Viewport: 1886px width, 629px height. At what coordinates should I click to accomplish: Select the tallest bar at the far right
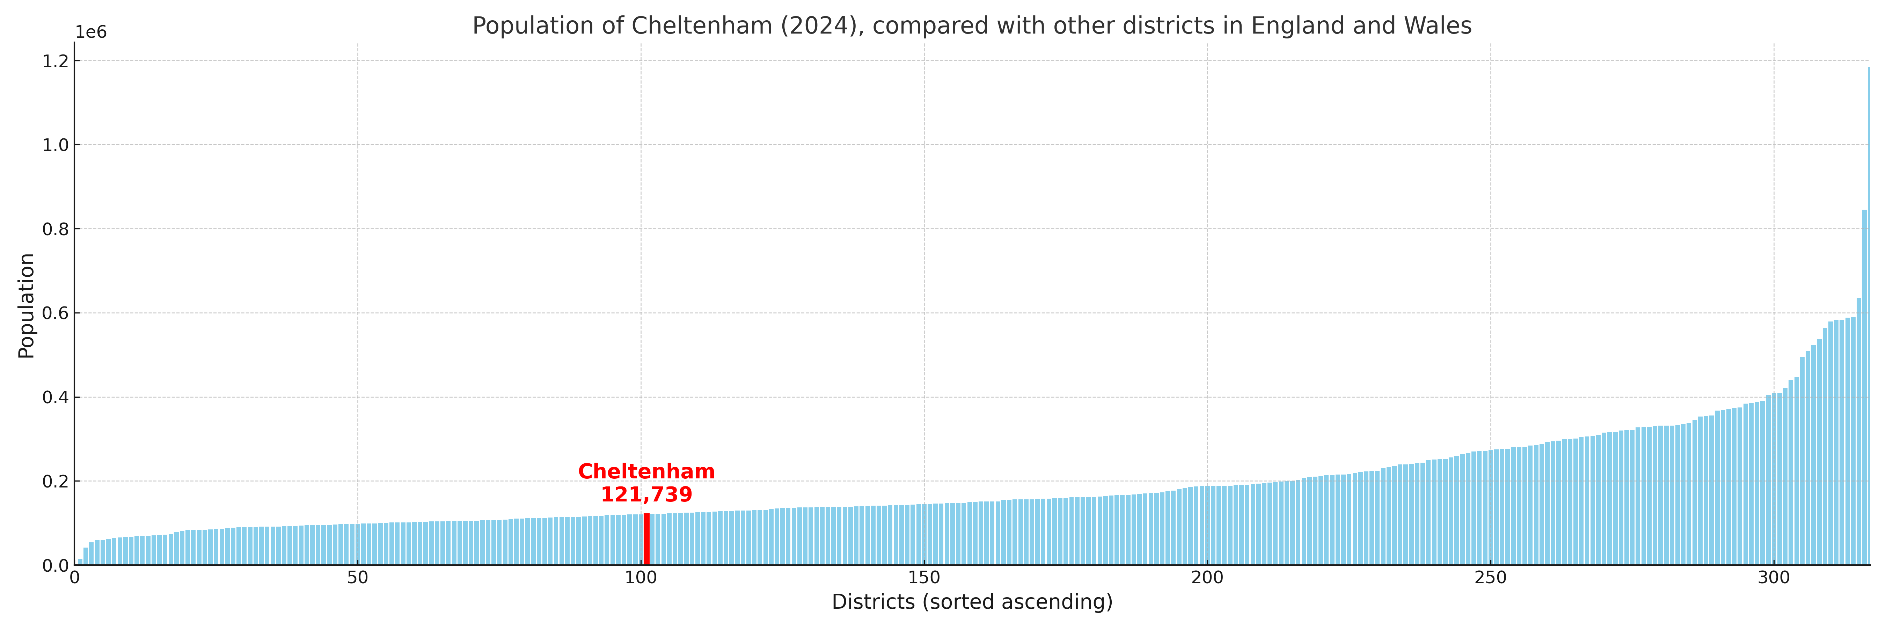(x=1869, y=315)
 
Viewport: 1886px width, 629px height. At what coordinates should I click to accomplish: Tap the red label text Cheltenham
(x=646, y=471)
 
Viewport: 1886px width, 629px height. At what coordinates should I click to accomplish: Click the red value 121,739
(x=646, y=495)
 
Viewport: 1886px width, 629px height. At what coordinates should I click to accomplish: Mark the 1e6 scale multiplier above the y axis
(x=91, y=32)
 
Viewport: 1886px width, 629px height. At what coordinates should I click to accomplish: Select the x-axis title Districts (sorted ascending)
(x=972, y=602)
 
